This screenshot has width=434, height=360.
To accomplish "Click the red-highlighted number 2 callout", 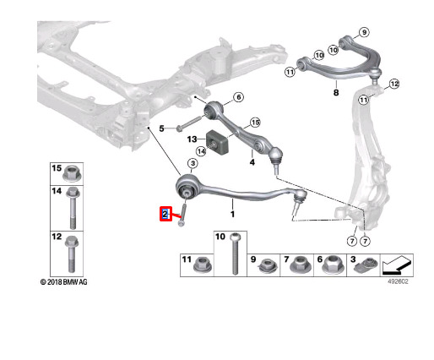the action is [x=165, y=214].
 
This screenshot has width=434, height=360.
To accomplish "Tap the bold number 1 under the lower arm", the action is [x=232, y=215].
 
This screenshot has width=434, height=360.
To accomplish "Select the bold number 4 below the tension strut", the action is [x=252, y=162].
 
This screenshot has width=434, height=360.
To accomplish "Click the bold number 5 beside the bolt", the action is [x=161, y=128].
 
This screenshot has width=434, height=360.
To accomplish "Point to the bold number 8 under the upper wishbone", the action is [x=336, y=92].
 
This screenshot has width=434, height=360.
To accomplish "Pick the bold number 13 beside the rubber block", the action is [x=192, y=139].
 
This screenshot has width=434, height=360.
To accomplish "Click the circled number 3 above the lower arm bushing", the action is [x=193, y=163].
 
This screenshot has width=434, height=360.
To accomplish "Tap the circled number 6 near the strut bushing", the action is [x=238, y=97].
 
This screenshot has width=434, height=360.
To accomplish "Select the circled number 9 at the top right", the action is [x=364, y=32].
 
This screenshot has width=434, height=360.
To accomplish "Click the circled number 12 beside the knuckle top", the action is [x=394, y=84].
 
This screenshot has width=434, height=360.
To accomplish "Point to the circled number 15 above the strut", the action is [x=255, y=123].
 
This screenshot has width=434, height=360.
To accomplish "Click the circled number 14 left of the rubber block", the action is [x=201, y=152].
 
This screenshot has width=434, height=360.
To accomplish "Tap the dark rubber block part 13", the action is [x=218, y=143].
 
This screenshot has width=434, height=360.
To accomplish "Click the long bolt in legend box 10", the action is [x=235, y=254].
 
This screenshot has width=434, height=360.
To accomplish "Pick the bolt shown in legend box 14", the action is [x=73, y=209].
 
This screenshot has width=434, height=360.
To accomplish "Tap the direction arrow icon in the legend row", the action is [x=397, y=265].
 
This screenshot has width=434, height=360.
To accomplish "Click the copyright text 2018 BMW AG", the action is [x=64, y=282].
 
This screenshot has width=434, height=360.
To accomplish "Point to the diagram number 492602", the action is [x=398, y=281].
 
